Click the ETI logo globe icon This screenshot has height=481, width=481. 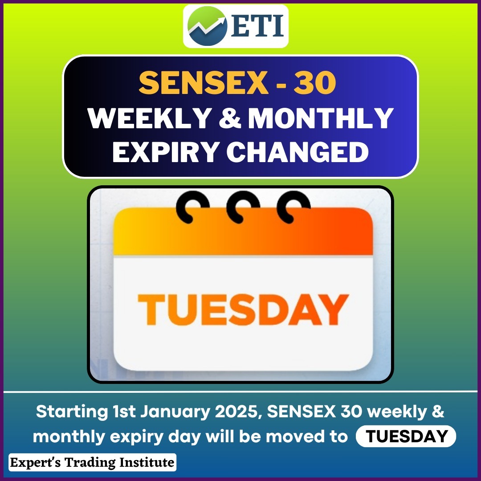(207, 26)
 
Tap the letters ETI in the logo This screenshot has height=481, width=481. (257, 26)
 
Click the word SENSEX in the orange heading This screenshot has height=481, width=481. (204, 83)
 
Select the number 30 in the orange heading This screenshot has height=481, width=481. (315, 83)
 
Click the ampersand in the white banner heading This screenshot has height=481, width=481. (230, 118)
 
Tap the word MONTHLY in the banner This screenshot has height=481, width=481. (321, 118)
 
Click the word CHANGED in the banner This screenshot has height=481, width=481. (298, 152)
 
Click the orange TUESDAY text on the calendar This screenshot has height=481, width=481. (243, 309)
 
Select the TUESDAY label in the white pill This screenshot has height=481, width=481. (407, 436)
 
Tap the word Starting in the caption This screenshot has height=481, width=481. (72, 412)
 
